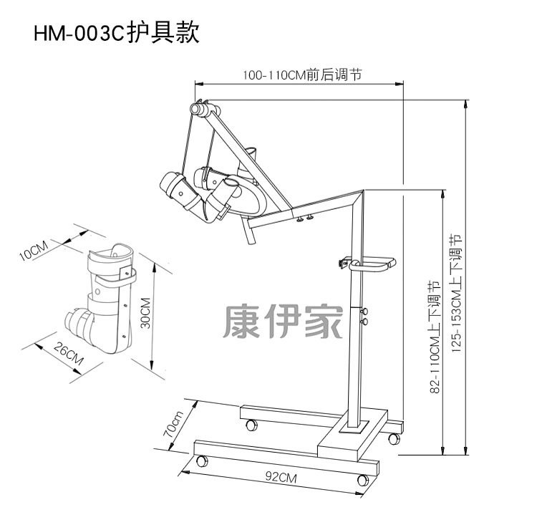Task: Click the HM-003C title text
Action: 116,34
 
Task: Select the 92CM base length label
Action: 281,478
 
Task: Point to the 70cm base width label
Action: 174,425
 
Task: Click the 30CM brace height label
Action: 146,313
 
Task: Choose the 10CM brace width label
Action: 33,250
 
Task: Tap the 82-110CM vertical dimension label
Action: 435,337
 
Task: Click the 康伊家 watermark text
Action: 283,322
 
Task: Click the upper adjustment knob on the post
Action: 364,312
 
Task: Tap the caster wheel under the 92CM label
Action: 363,480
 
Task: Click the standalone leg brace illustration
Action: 100,298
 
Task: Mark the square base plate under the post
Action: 353,428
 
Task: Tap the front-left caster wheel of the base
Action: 201,461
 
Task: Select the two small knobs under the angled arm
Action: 306,218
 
